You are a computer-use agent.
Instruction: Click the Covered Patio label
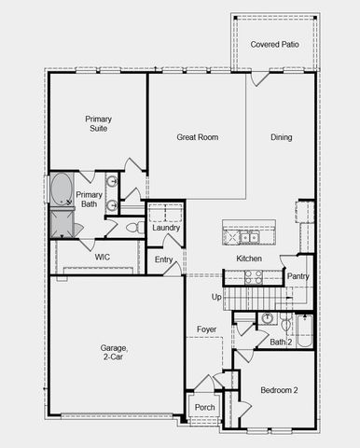pyautogui.click(x=275, y=44)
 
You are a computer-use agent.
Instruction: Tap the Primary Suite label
pyautogui.click(x=98, y=123)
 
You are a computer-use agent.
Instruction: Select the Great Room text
pyautogui.click(x=198, y=137)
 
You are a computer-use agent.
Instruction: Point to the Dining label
pyautogui.click(x=281, y=137)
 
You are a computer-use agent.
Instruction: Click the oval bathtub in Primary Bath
pyautogui.click(x=62, y=190)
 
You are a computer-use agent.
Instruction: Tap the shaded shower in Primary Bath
pyautogui.click(x=62, y=222)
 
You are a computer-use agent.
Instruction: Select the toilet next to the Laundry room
pyautogui.click(x=133, y=227)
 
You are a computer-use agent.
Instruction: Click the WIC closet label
pyautogui.click(x=103, y=257)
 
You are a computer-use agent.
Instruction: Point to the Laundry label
pyautogui.click(x=166, y=228)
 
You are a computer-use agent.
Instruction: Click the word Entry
pyautogui.click(x=164, y=259)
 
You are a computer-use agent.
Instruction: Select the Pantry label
pyautogui.click(x=298, y=276)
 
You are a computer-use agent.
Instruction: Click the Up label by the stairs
pyautogui.click(x=216, y=297)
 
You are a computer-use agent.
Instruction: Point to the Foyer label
pyautogui.click(x=206, y=330)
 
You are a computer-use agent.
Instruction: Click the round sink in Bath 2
pyautogui.click(x=268, y=319)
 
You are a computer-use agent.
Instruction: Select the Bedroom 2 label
pyautogui.click(x=278, y=390)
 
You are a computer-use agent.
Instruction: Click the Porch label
pyautogui.click(x=204, y=407)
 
